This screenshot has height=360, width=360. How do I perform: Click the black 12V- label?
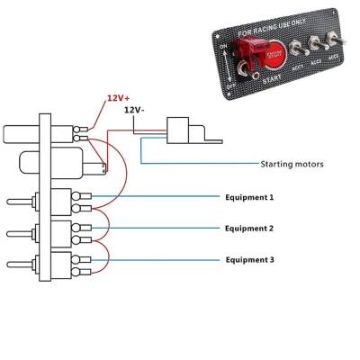[134, 109]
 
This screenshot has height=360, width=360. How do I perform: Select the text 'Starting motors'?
[292, 165]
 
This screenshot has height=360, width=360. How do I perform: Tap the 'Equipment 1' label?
[247, 195]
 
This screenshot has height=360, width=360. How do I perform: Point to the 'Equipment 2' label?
[247, 228]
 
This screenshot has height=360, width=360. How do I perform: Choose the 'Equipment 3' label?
[247, 259]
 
